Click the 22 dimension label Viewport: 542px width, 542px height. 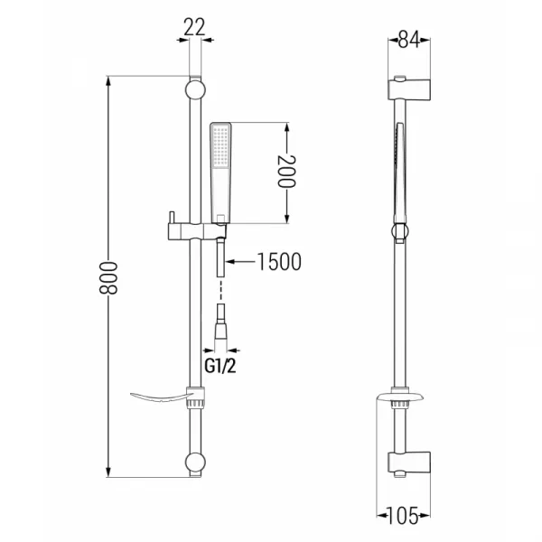(x=194, y=27)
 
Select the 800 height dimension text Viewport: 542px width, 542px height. (x=108, y=277)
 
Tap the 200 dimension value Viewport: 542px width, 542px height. (x=287, y=172)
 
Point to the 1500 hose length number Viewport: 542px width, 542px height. (x=279, y=262)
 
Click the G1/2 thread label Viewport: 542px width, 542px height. (x=220, y=366)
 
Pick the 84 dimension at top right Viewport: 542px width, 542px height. (x=409, y=40)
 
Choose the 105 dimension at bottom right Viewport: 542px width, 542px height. (x=403, y=516)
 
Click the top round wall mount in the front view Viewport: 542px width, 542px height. (x=195, y=89)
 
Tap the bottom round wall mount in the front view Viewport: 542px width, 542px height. (x=195, y=463)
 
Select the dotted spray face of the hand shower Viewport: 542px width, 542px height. (x=221, y=145)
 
